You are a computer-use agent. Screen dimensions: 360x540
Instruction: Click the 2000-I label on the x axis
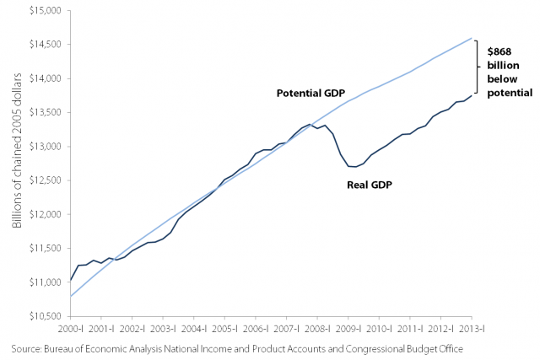tap(70, 327)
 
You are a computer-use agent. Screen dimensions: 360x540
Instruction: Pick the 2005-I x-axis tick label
tap(224, 327)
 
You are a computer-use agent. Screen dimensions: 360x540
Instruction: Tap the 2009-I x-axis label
tap(347, 327)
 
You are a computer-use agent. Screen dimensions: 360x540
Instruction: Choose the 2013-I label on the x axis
tap(470, 327)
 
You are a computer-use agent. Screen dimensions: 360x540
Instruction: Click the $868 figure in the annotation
tap(499, 52)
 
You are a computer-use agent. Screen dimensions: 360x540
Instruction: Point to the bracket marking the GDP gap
tap(478, 67)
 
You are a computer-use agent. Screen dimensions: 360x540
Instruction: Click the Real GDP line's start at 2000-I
tap(70, 280)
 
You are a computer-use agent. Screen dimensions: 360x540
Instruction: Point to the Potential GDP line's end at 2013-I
tap(470, 38)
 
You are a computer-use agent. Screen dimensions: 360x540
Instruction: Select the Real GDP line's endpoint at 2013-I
tap(470, 96)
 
